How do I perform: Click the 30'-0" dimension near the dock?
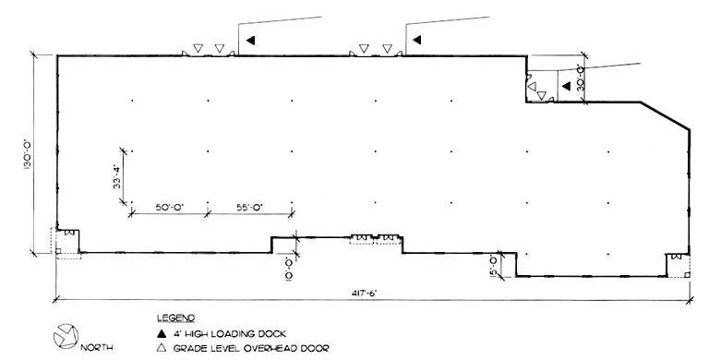click(581, 78)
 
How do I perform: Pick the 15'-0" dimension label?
click(494, 266)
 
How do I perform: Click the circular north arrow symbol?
click(66, 338)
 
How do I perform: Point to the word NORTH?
click(98, 348)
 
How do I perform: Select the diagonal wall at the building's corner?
click(665, 118)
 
